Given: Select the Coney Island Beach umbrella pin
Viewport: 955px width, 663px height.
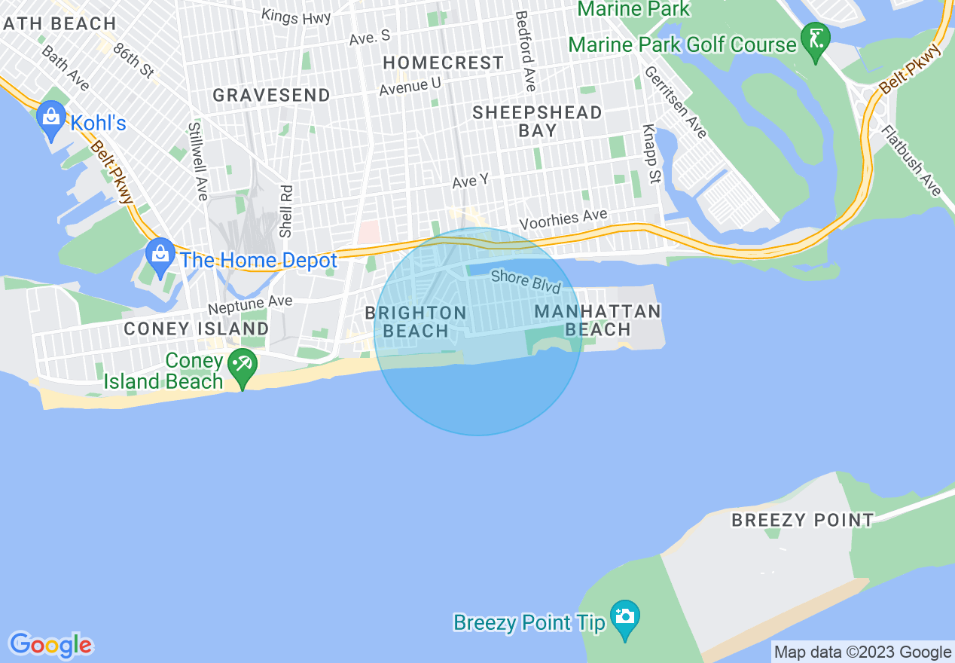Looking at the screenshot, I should click(243, 366).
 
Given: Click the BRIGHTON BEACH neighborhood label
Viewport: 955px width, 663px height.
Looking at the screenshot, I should click(416, 322).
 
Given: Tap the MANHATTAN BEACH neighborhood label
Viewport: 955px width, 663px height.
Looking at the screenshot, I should click(597, 320).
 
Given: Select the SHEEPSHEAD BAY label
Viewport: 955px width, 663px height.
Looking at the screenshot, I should click(538, 121).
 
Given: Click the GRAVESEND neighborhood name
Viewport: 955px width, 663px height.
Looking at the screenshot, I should click(271, 95).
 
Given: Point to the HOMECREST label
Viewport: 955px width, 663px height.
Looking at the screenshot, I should click(443, 63).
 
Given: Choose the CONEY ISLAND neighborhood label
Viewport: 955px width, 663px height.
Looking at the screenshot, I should click(196, 328).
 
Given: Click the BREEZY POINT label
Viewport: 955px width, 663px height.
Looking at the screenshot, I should click(803, 520).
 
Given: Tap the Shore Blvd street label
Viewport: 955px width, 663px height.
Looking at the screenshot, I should click(526, 281).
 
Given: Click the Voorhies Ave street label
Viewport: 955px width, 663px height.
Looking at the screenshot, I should click(563, 220).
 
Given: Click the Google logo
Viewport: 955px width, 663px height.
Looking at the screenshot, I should click(50, 645).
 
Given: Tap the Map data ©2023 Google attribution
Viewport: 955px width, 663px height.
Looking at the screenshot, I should click(863, 652).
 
